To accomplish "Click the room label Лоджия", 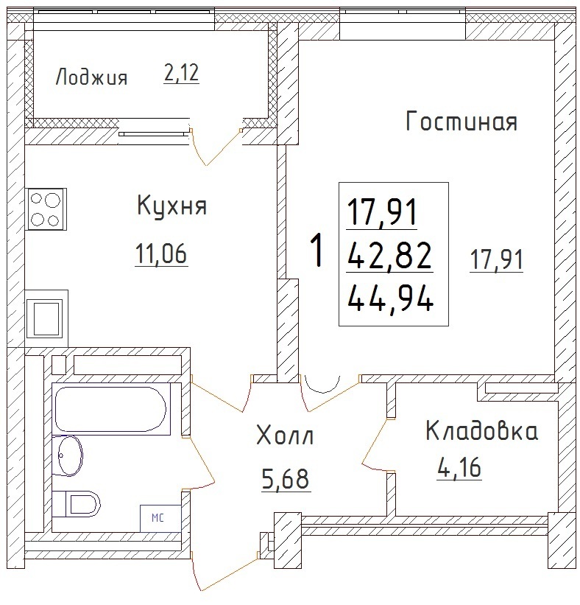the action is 91,77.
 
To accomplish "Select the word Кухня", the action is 172,206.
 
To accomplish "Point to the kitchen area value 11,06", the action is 161,253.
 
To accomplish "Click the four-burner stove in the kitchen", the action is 46,209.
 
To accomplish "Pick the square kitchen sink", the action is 46,318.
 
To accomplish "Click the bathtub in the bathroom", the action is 111,409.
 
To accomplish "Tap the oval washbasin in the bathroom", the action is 67,455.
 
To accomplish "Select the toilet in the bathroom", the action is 76,504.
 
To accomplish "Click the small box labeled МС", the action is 160,518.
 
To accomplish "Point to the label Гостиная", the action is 461,121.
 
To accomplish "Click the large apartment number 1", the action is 317,251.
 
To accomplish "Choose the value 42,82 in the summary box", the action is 389,256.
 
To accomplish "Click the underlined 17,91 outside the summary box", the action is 496,259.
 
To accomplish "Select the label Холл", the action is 284,436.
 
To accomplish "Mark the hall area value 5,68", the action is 286,479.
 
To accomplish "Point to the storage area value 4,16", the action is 459,468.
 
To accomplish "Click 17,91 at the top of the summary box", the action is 382,213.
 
